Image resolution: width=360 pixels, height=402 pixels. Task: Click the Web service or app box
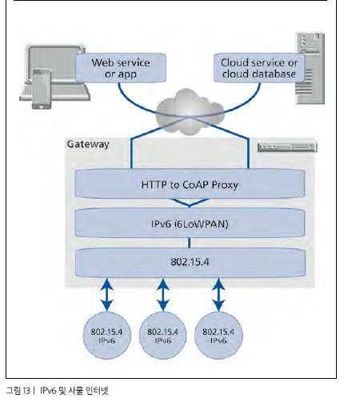[x=121, y=68]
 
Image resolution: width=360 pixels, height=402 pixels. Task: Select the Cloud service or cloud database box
[x=259, y=68]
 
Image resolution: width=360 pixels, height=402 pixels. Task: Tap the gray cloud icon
[x=190, y=112]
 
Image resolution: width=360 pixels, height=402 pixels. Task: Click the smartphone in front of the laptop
[x=42, y=89]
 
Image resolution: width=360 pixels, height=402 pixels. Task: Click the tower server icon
[x=310, y=68]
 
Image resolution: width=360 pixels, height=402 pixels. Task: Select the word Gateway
[x=88, y=144]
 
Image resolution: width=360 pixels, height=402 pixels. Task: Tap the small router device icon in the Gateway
[x=287, y=147]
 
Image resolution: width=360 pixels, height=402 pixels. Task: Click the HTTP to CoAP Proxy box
[x=190, y=184]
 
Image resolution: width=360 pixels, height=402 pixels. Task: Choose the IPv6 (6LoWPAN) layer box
[x=190, y=223]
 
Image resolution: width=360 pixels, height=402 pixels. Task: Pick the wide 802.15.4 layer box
[x=190, y=263]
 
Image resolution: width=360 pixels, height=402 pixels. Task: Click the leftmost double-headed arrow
[x=107, y=295]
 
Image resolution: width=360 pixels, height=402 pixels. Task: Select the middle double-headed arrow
[x=163, y=295]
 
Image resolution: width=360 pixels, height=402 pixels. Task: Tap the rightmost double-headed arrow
[x=218, y=295]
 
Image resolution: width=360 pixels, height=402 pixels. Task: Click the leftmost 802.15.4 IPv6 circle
[x=107, y=335]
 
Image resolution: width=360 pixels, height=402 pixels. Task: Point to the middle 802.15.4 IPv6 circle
[x=163, y=335]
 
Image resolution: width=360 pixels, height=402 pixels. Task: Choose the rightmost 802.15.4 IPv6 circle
[x=218, y=335]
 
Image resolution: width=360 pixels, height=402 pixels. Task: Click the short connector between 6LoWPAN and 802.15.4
[x=190, y=243]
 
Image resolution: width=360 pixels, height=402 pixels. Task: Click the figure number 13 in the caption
[x=26, y=391]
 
